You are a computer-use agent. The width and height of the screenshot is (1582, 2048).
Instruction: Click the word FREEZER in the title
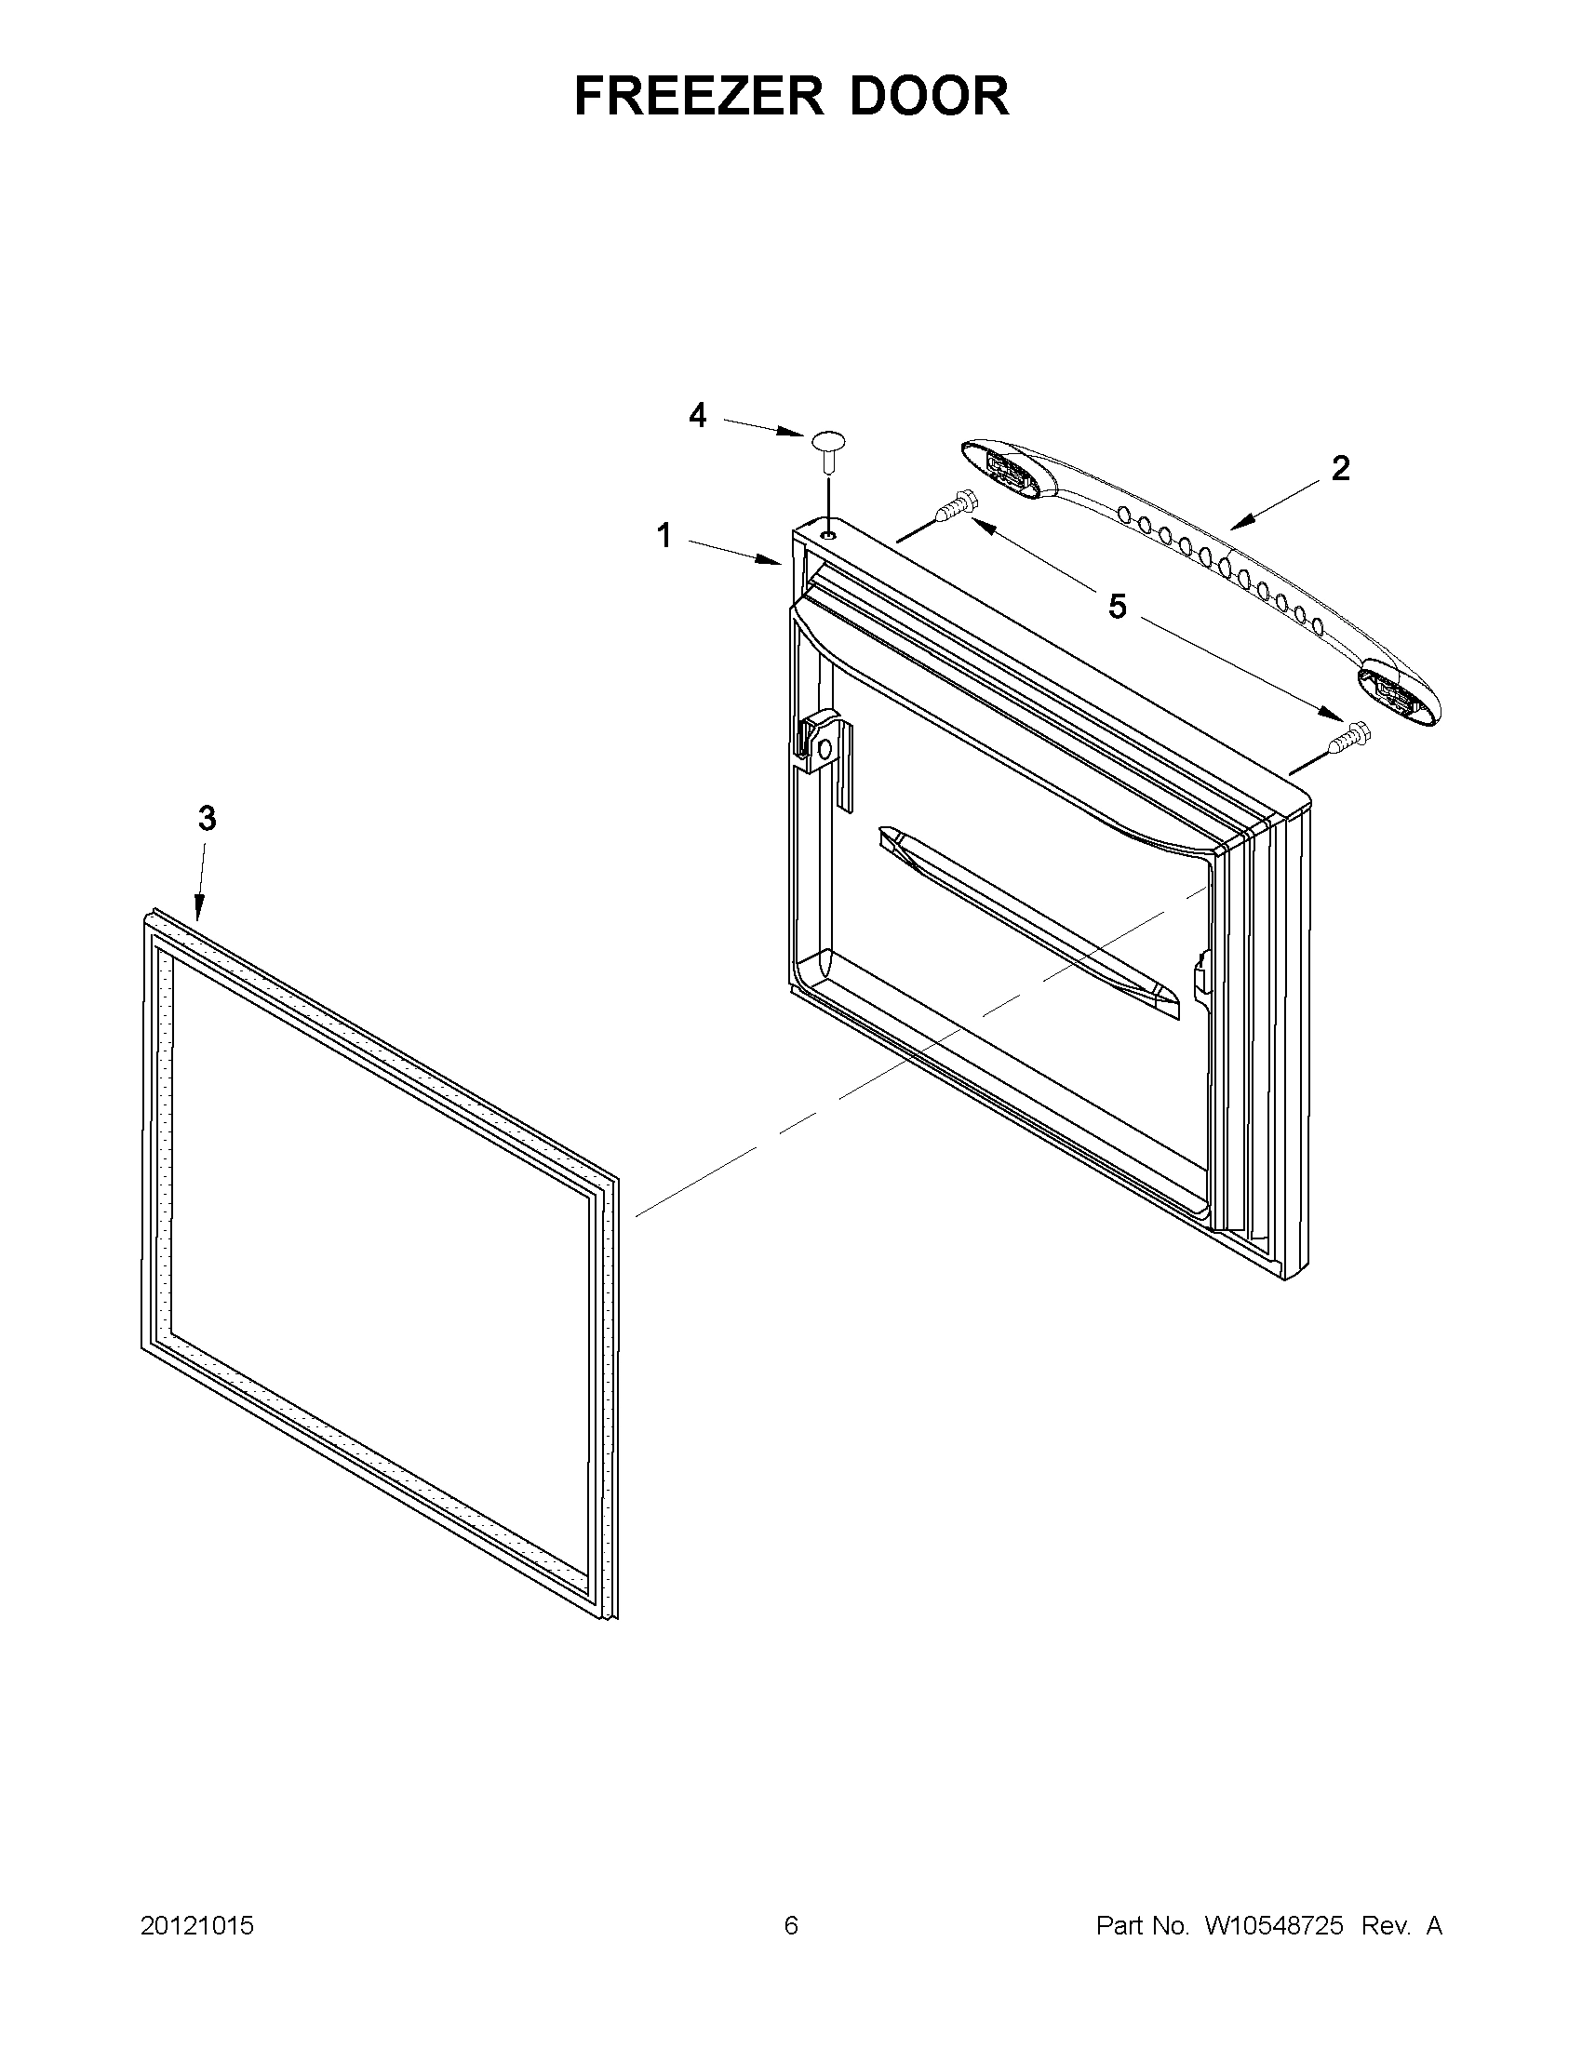(x=699, y=96)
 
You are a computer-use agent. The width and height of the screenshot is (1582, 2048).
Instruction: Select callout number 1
(x=664, y=536)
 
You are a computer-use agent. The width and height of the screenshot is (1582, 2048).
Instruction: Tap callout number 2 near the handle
(x=1341, y=468)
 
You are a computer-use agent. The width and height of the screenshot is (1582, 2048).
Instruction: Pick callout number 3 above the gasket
(x=207, y=819)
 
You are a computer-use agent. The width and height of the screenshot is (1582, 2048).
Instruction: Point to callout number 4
(x=697, y=414)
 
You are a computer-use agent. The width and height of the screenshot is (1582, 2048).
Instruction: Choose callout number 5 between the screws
(x=1117, y=607)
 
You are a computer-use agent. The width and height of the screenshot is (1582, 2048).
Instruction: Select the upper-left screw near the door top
(x=955, y=506)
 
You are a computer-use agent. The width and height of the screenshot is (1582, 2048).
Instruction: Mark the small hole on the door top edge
(x=827, y=533)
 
